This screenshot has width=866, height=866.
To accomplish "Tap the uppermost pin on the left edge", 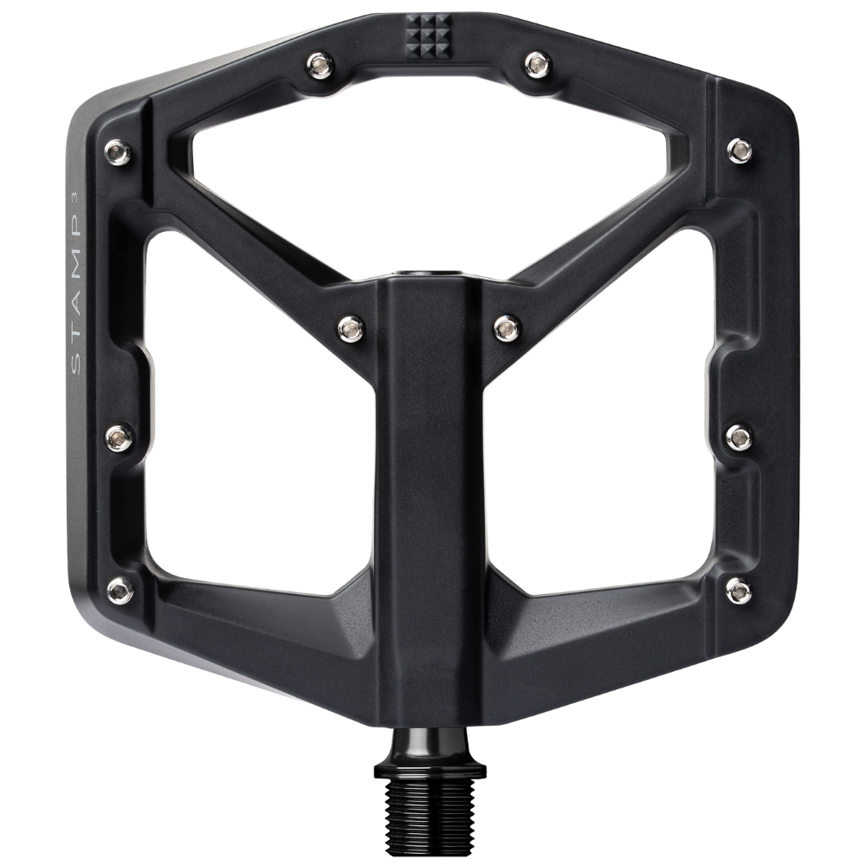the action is pos(118,151).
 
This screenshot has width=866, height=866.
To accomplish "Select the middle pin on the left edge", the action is pos(120,436).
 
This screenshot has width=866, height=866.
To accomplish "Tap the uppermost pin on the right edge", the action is pos(740,150).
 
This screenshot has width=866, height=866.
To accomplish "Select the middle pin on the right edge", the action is pos(739,436).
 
